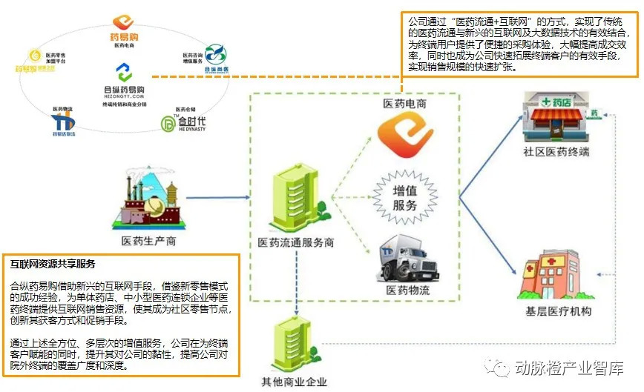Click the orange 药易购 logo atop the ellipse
coord(122,22)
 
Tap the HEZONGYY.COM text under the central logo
coord(124,96)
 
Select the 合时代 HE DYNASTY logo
coord(182,123)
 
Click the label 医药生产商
coord(148,242)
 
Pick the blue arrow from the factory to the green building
coord(216,198)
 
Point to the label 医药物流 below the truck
coord(407,290)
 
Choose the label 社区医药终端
coord(556,152)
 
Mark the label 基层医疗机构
coord(556,311)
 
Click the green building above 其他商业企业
coord(296,344)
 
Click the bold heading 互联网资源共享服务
coord(53,264)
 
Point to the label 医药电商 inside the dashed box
coord(404,104)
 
